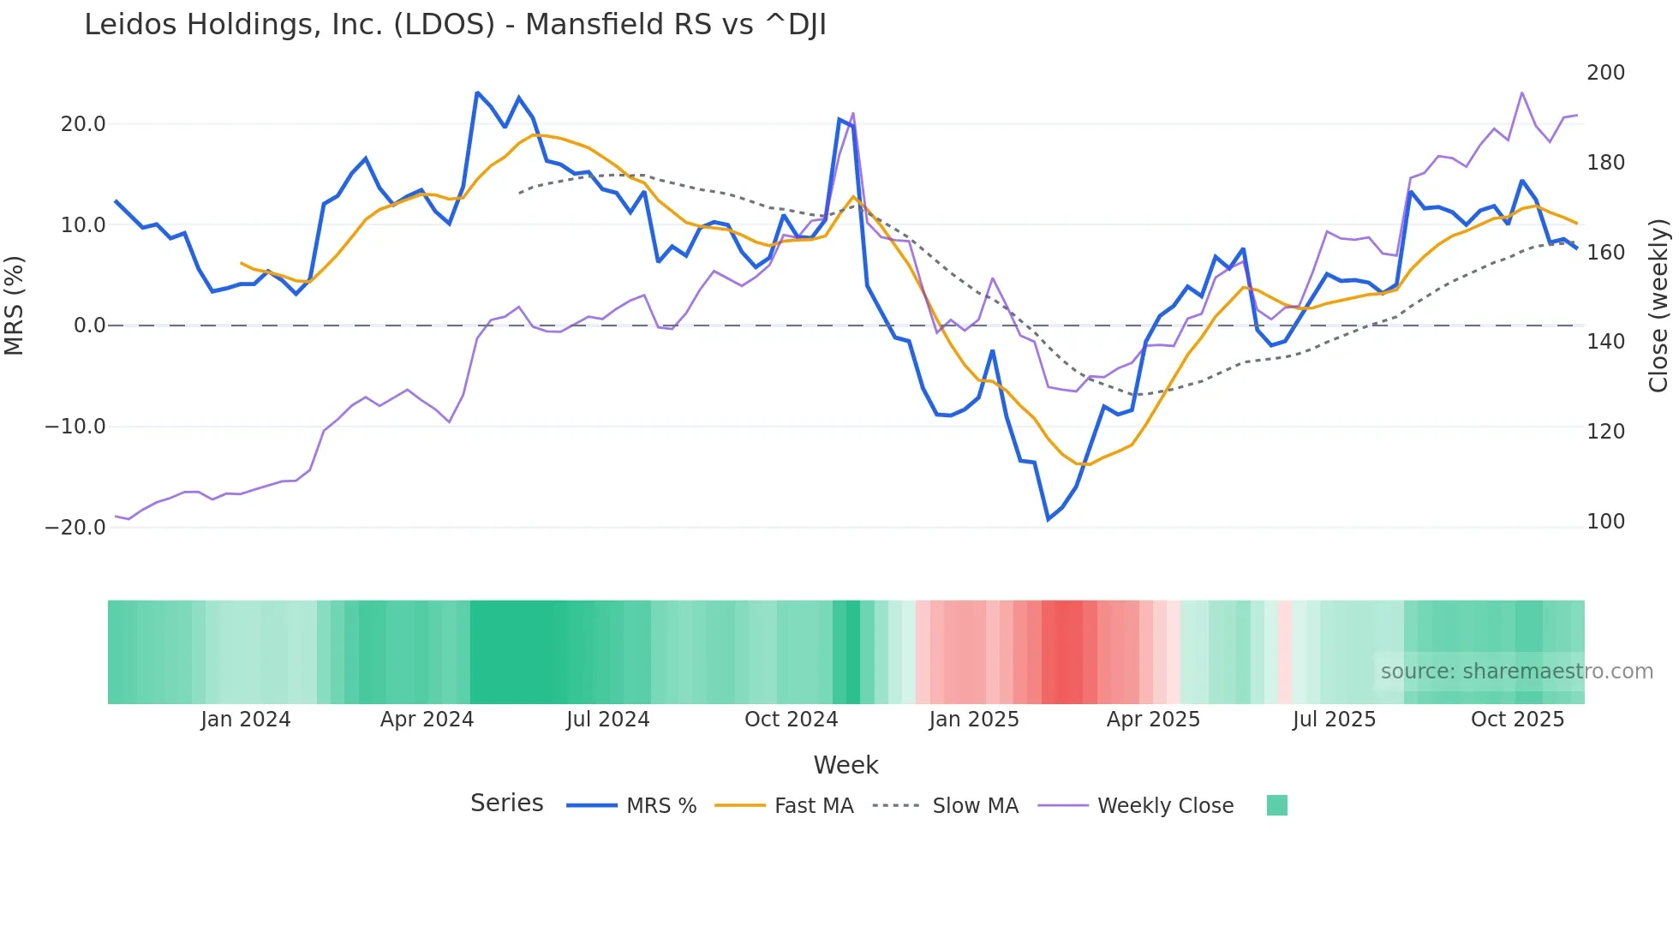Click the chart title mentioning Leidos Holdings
[455, 25]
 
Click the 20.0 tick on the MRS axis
[83, 124]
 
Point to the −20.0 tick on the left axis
[75, 528]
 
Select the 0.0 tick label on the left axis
[89, 326]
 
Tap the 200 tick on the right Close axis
[1605, 73]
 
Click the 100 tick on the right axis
[1605, 522]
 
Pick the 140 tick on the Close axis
[1605, 342]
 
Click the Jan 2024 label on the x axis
[246, 720]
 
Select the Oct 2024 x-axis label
[791, 720]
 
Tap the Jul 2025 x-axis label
[1334, 720]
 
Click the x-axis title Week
[845, 765]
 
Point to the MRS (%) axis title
[15, 306]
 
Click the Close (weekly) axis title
[1658, 306]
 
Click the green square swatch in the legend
[1276, 805]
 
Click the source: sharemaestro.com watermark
[1516, 672]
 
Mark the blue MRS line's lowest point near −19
[1048, 519]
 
